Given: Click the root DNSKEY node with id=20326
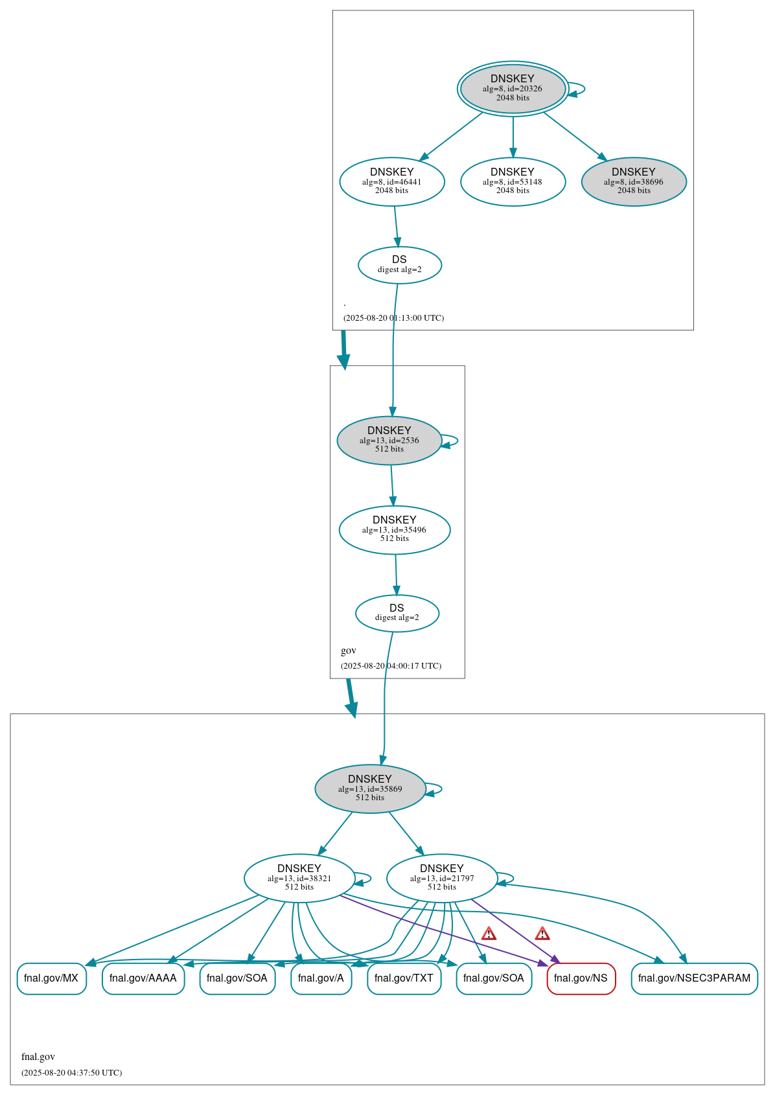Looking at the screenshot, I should tap(513, 89).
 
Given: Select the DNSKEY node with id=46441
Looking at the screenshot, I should tap(391, 181).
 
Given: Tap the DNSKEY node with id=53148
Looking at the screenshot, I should tap(513, 181).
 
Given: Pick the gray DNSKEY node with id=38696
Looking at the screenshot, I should tap(633, 181).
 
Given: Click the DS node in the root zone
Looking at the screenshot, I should tap(399, 264).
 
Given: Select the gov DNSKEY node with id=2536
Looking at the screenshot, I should tap(389, 440).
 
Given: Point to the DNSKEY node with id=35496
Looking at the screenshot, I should tap(394, 529).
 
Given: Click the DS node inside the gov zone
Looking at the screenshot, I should tap(397, 612).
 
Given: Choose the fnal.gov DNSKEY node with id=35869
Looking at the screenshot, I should tap(369, 789).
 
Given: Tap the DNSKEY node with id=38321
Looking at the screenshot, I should tap(299, 878).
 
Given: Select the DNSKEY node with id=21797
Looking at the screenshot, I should tap(441, 878).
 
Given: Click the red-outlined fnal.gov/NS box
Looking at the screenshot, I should tap(581, 978).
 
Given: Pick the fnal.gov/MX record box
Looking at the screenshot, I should tap(51, 978).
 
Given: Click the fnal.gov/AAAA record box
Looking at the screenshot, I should tap(143, 978).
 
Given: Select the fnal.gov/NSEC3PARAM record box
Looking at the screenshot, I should tap(694, 978).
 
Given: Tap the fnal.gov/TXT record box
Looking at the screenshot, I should tap(404, 978).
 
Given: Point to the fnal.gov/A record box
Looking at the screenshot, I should tap(321, 978).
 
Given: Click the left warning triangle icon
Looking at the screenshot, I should tap(489, 934).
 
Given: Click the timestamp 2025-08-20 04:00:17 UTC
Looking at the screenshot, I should tap(391, 665).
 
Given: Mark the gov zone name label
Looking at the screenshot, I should tap(349, 651).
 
